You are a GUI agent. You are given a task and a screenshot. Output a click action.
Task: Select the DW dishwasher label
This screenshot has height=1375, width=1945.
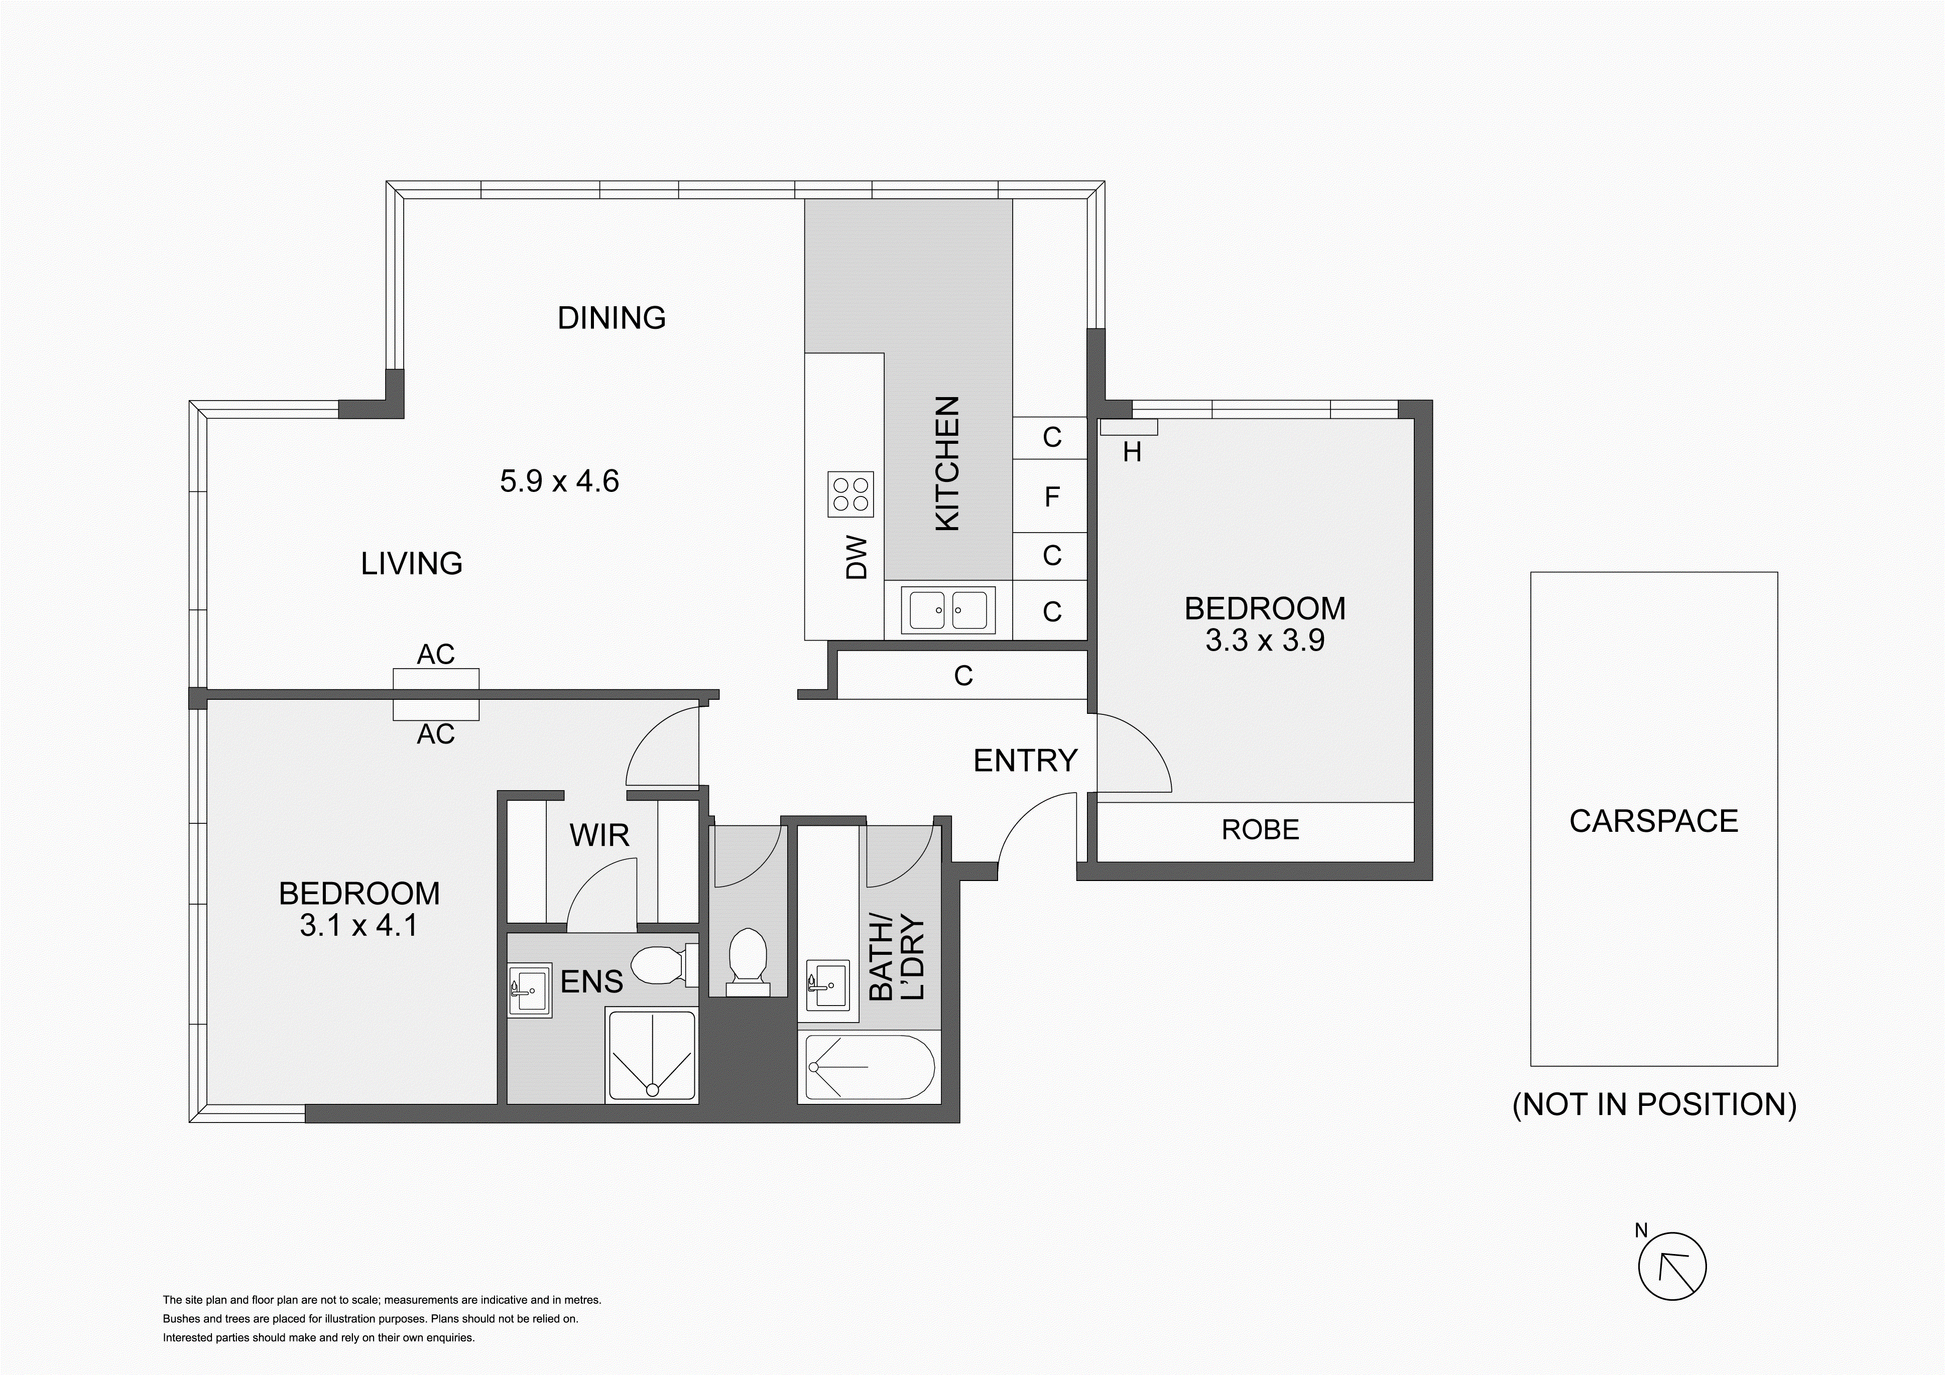[858, 557]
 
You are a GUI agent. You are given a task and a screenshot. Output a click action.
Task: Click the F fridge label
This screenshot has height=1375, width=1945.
[1052, 496]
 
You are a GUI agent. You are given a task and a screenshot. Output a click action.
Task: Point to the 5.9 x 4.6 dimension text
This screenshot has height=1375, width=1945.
[559, 481]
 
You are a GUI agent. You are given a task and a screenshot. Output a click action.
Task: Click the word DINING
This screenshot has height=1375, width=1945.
[611, 318]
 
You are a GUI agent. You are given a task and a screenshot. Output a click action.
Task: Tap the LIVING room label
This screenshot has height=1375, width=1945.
[412, 563]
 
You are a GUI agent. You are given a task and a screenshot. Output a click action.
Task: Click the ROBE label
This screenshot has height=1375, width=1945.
[1260, 829]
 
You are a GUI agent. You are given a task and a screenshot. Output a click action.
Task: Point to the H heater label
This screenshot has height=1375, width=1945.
[1132, 453]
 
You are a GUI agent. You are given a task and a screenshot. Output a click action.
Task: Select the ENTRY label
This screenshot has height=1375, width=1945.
[1025, 761]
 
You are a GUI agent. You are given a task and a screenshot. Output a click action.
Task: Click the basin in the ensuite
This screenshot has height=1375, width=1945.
[530, 988]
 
